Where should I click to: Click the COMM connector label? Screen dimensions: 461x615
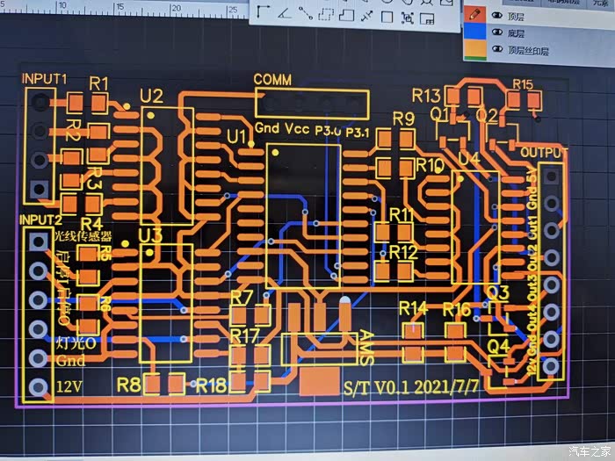[272, 80]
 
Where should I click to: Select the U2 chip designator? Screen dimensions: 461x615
[151, 96]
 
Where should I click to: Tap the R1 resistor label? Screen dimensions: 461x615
[99, 83]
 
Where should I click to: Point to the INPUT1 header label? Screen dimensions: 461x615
[45, 78]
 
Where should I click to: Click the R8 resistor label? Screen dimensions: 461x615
[128, 384]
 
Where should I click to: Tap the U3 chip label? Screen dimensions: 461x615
[151, 234]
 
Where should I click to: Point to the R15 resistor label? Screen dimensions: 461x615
[522, 84]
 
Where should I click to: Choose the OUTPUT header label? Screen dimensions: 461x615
[544, 153]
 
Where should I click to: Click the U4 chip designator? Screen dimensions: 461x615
[469, 159]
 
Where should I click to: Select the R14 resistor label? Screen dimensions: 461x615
[413, 308]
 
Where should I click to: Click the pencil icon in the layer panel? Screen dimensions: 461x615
[474, 14]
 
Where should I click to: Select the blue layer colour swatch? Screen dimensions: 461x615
[474, 33]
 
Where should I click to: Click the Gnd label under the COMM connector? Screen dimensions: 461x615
[267, 129]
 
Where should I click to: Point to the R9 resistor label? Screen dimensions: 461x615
[403, 119]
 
